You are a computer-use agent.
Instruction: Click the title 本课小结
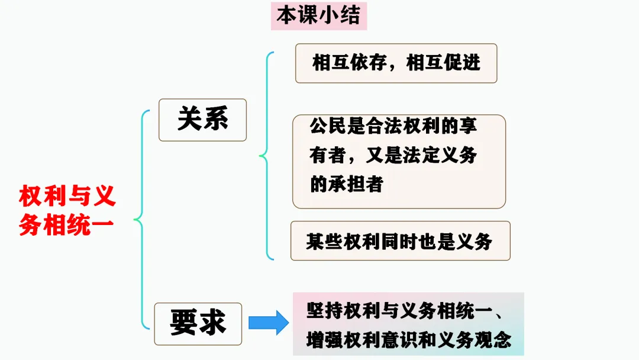coord(318,16)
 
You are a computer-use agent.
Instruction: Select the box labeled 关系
coord(202,120)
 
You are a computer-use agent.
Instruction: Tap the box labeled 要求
coord(198,323)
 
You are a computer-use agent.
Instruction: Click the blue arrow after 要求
coord(268,323)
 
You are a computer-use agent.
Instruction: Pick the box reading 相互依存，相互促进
coord(396,63)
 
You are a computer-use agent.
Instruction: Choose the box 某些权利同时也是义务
coord(400,241)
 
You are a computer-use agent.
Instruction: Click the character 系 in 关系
coord(215,120)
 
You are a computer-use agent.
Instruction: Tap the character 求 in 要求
coord(212,323)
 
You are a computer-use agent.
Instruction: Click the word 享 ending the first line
coord(469,126)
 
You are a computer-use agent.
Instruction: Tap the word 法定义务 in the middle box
coord(439,155)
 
